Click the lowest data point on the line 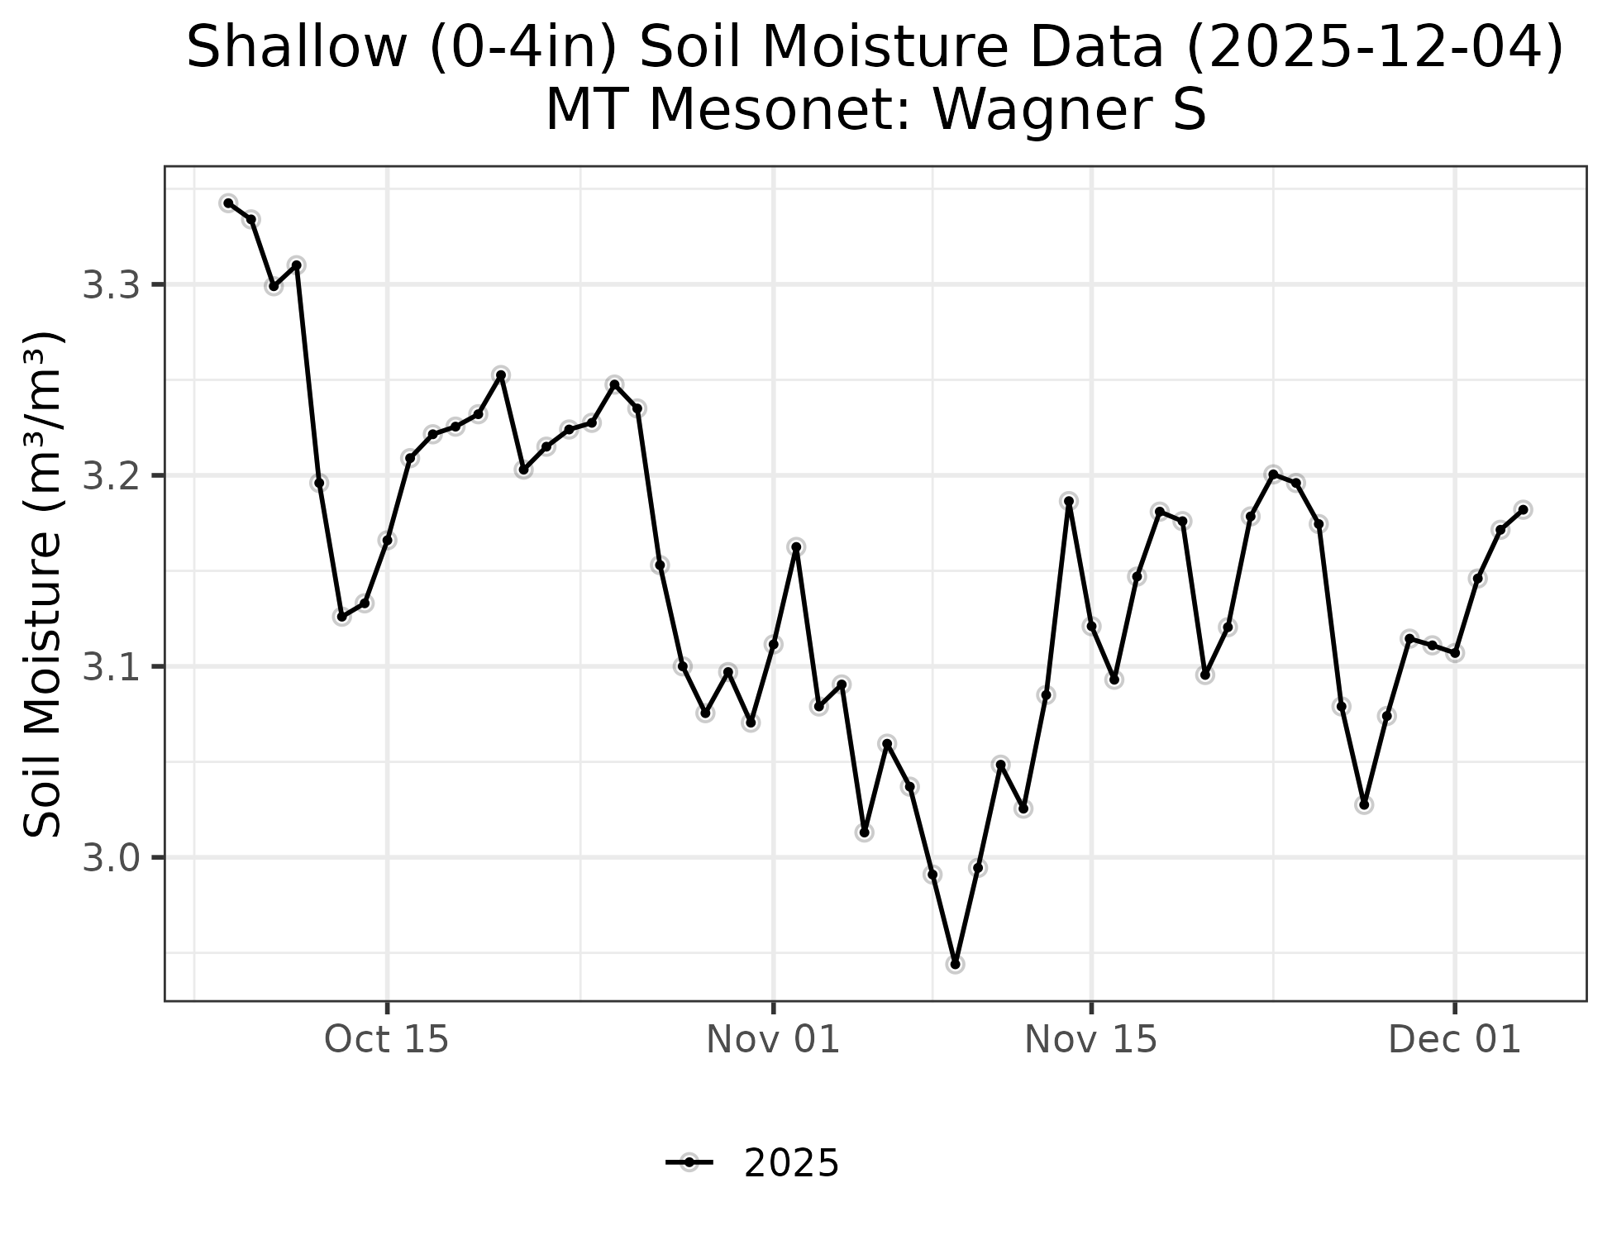pos(956,964)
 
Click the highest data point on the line pos(229,203)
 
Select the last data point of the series pos(1523,509)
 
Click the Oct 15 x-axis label pos(387,1040)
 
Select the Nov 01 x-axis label pos(773,1040)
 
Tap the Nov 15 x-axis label pos(1091,1040)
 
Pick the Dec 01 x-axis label pos(1455,1040)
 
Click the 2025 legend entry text pos(791,1164)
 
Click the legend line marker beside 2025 pos(689,1163)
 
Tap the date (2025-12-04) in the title pos(1374,47)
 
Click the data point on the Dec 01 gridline pos(1455,653)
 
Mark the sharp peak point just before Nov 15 pos(1069,501)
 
